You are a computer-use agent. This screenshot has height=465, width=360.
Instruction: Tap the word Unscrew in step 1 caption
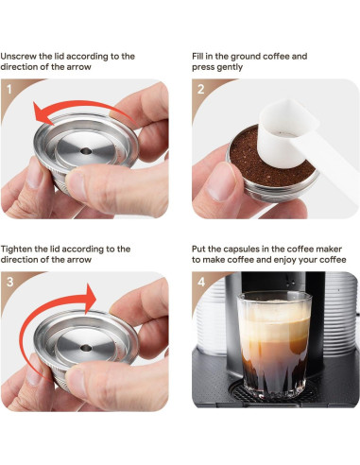(20, 57)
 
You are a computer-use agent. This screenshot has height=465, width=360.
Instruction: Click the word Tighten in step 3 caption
(20, 250)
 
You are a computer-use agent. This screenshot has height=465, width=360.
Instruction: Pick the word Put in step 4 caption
(200, 250)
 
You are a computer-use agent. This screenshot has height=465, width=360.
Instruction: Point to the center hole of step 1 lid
(82, 149)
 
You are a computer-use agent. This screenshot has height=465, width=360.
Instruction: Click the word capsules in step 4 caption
(248, 250)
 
